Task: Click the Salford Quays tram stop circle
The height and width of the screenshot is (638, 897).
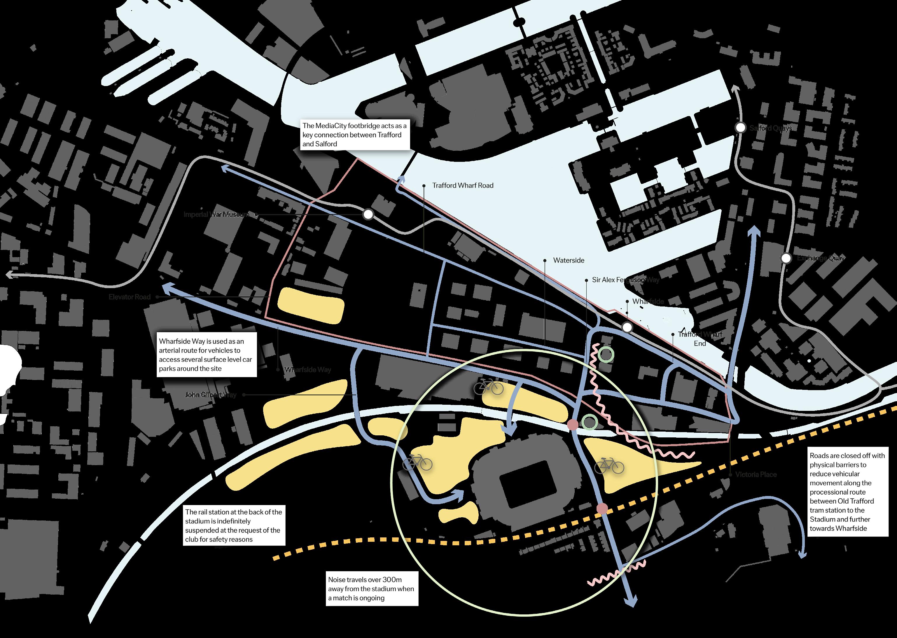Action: click(741, 128)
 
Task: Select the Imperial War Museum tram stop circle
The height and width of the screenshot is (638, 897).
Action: click(368, 215)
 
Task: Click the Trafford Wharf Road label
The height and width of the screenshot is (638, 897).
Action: click(462, 185)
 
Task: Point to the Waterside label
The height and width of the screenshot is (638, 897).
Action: click(569, 260)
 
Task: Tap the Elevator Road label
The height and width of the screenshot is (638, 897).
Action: click(130, 297)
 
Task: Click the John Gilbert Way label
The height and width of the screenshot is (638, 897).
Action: click(211, 395)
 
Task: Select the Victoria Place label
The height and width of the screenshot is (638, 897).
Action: click(756, 475)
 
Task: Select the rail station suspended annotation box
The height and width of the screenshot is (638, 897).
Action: click(234, 526)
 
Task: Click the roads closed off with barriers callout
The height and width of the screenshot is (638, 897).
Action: click(847, 492)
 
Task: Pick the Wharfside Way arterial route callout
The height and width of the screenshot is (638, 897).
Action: click(207, 355)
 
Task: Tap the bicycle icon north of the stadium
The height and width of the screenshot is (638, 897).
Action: click(488, 387)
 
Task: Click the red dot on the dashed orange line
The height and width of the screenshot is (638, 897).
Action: click(602, 509)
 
